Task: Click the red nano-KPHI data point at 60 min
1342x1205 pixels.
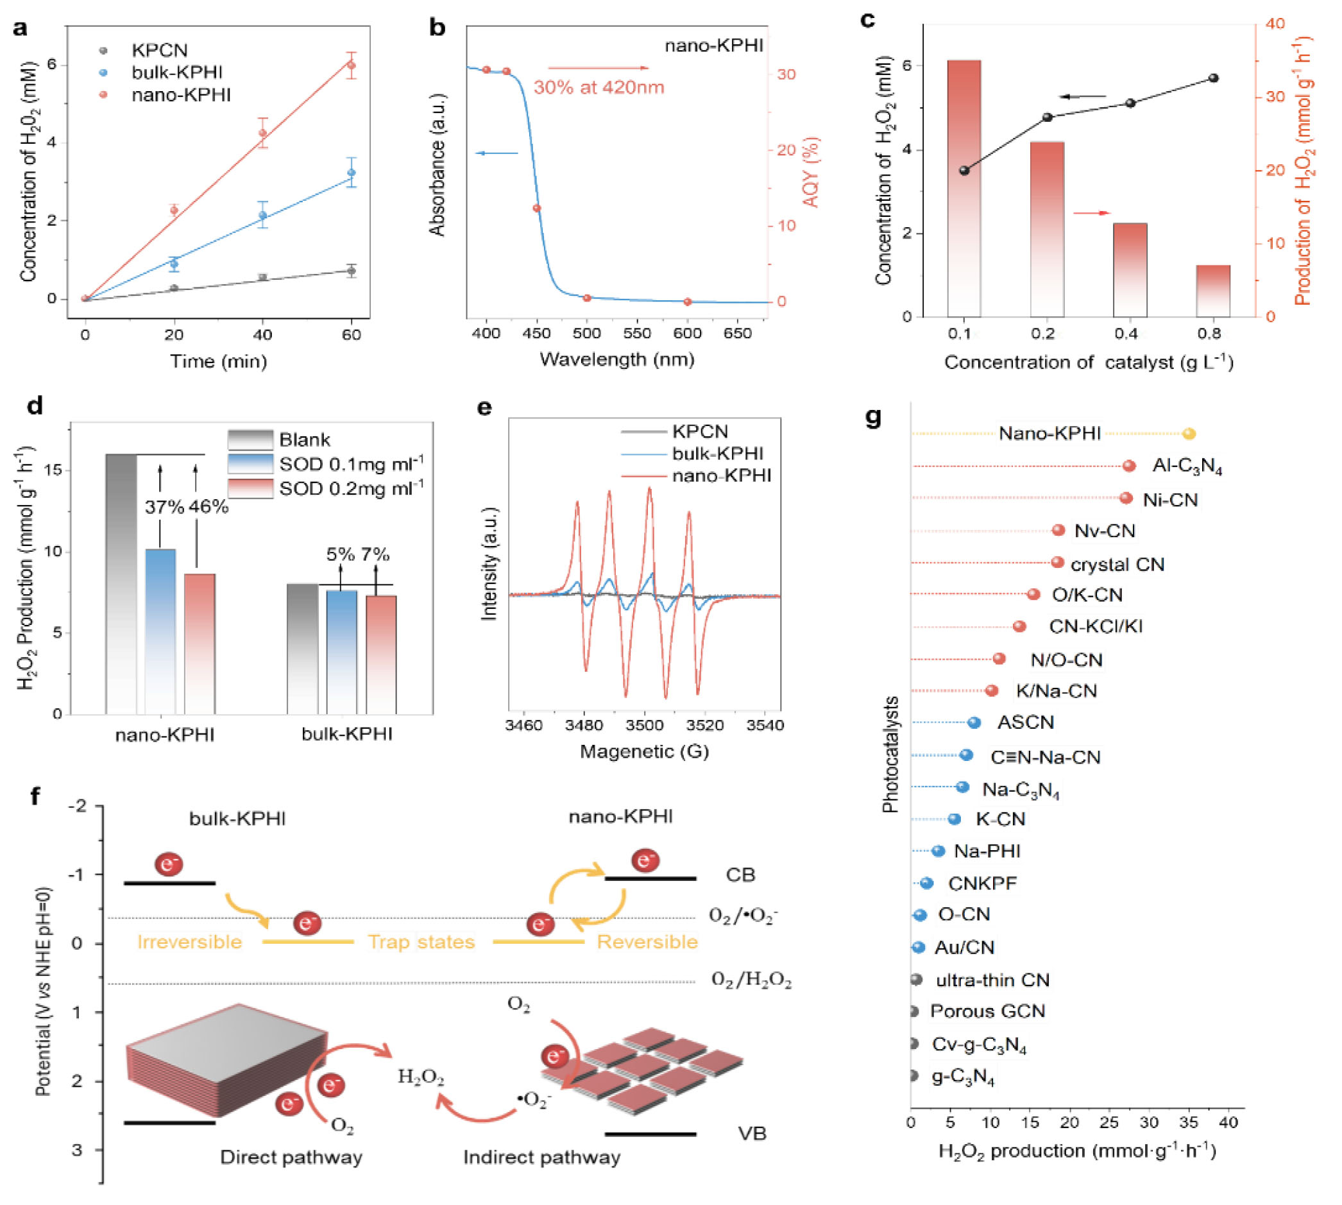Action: [x=351, y=65]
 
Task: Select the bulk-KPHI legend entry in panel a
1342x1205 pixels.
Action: [x=176, y=72]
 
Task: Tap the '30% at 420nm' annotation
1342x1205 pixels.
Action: [x=599, y=87]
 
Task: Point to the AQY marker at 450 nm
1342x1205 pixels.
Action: [x=537, y=208]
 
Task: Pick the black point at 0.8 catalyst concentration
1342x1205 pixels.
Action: [x=1213, y=78]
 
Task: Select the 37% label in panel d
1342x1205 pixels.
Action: [x=164, y=507]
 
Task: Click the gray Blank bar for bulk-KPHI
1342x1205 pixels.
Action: [x=303, y=649]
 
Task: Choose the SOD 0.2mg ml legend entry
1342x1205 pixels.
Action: [x=351, y=489]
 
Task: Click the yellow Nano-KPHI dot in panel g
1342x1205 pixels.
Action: [x=1189, y=434]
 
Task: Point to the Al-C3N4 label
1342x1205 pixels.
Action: [x=1186, y=466]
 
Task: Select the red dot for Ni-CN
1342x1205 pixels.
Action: [x=1126, y=499]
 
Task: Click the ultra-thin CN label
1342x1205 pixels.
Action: [x=992, y=980]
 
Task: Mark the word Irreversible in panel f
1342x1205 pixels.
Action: [x=189, y=941]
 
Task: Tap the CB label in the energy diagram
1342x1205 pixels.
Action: [x=740, y=875]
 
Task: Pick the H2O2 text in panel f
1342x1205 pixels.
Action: [x=420, y=1077]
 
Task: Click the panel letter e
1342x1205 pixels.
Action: [x=484, y=407]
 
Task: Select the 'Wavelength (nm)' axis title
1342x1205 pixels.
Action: [x=616, y=359]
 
